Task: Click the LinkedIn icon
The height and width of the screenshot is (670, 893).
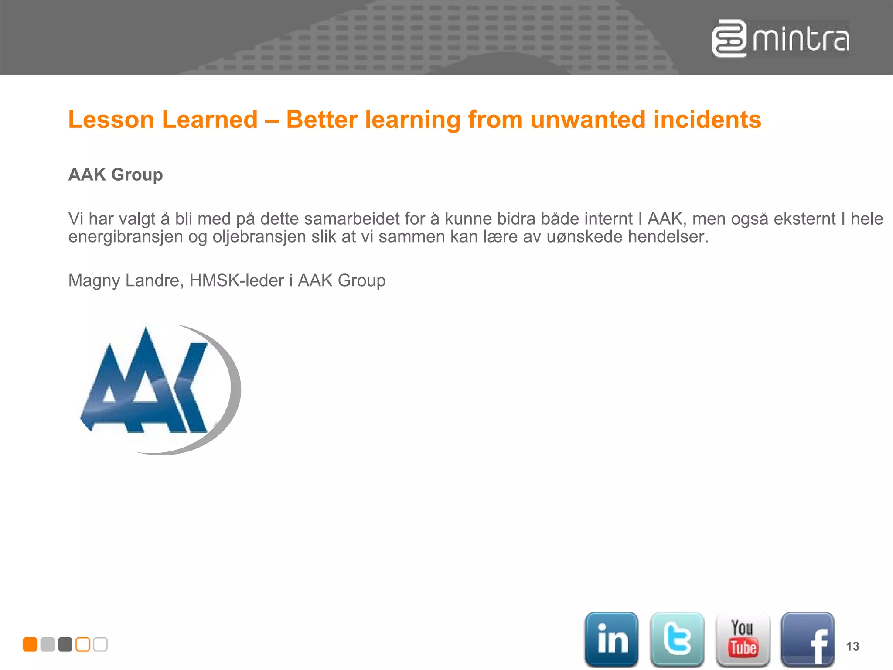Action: click(611, 639)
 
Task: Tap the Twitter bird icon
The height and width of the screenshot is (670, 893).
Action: click(677, 639)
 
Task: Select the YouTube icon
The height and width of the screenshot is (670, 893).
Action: click(743, 639)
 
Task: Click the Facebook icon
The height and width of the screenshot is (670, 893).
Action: click(808, 639)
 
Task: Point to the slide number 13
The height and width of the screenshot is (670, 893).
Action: click(852, 646)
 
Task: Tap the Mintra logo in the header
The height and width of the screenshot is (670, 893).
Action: click(781, 39)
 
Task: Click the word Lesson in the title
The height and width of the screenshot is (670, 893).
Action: click(111, 120)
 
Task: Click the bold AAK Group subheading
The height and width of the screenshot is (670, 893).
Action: click(116, 174)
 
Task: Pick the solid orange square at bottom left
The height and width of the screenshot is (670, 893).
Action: click(30, 644)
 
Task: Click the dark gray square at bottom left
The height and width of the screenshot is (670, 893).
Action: click(65, 644)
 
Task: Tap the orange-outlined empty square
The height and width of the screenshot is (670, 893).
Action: click(83, 644)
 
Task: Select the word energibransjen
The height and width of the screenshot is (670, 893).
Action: click(126, 237)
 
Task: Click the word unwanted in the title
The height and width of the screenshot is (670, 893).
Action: click(588, 120)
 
